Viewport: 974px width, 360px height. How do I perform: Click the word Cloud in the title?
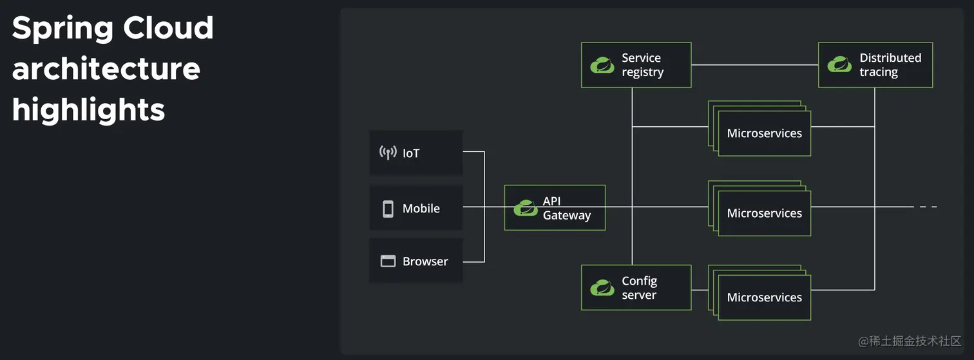pyautogui.click(x=168, y=28)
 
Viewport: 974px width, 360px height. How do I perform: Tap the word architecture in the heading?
pyautogui.click(x=106, y=69)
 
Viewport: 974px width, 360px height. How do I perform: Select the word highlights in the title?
pyautogui.click(x=89, y=110)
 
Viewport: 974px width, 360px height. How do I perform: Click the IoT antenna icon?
pyautogui.click(x=388, y=153)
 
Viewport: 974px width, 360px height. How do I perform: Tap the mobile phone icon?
pyautogui.click(x=388, y=209)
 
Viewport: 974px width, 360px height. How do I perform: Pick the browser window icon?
pyautogui.click(x=388, y=261)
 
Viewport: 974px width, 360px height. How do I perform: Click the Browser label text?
pyautogui.click(x=425, y=261)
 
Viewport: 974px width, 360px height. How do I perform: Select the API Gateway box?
pyautogui.click(x=555, y=208)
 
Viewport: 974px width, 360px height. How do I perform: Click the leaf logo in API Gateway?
pyautogui.click(x=526, y=208)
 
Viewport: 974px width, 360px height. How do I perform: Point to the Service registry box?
pyautogui.click(x=636, y=65)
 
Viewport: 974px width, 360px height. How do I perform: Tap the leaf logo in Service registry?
pyautogui.click(x=602, y=65)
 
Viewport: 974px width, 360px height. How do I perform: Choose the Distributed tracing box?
pyautogui.click(x=875, y=65)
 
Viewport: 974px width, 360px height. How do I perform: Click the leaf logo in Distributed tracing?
pyautogui.click(x=839, y=64)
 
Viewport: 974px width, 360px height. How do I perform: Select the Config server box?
pyautogui.click(x=636, y=287)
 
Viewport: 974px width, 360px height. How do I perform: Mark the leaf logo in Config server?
pyautogui.click(x=602, y=288)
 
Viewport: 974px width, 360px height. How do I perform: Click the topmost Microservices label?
pyautogui.click(x=765, y=133)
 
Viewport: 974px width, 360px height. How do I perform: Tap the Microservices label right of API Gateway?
pyautogui.click(x=765, y=213)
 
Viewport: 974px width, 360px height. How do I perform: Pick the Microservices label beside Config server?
pyautogui.click(x=765, y=298)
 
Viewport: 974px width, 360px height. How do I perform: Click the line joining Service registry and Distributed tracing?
pyautogui.click(x=755, y=65)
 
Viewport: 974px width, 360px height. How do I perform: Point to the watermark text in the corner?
pyautogui.click(x=910, y=341)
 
